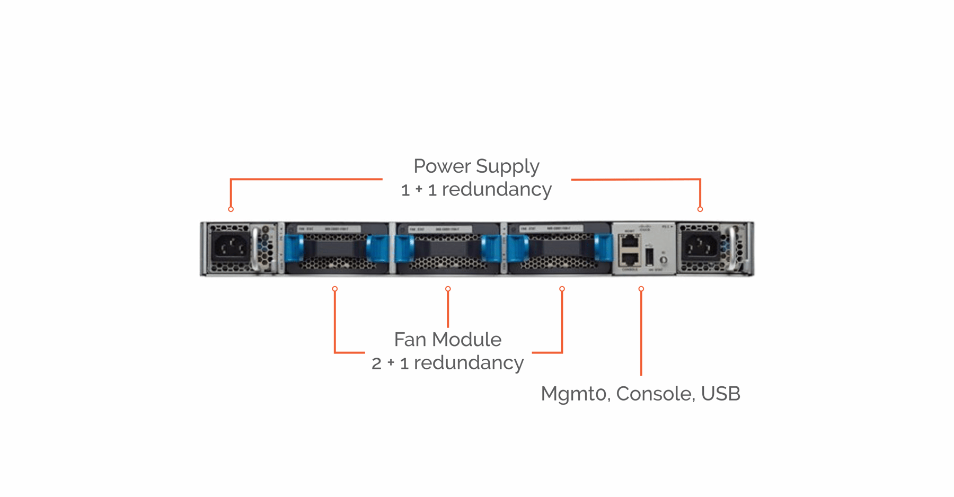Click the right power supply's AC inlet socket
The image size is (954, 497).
point(700,246)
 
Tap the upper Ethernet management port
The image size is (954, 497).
point(630,241)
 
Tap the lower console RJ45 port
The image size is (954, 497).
point(630,259)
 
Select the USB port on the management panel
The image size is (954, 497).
point(649,257)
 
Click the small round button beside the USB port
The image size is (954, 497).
point(663,260)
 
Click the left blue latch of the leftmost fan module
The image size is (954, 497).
point(294,248)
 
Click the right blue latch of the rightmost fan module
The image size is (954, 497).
point(603,248)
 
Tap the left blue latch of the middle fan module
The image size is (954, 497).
point(405,248)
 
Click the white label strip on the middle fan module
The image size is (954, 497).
point(440,229)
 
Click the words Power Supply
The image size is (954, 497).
point(476,166)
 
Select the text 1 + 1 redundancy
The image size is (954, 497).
point(476,189)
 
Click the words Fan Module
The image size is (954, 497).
point(447,339)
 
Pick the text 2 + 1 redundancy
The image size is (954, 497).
point(447,363)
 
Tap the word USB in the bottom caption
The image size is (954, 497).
point(720,394)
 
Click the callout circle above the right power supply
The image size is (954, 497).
point(700,209)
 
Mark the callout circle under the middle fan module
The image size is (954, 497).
point(448,289)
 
